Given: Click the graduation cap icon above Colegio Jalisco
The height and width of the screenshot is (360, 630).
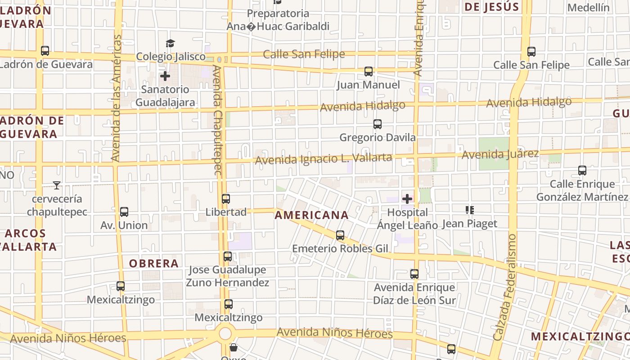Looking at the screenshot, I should pyautogui.click(x=170, y=43).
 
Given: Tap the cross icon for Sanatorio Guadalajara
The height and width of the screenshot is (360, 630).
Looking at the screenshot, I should pyautogui.click(x=165, y=76).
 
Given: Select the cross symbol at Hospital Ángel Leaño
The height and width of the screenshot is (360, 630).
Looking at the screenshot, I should pyautogui.click(x=407, y=199).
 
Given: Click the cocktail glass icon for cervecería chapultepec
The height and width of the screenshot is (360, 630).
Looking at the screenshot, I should pyautogui.click(x=57, y=185).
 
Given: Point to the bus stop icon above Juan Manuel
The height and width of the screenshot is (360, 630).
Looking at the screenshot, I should pyautogui.click(x=368, y=72).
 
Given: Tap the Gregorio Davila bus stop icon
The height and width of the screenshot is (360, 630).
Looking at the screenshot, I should pyautogui.click(x=378, y=124).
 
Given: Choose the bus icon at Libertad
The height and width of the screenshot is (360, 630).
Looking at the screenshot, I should pyautogui.click(x=226, y=199).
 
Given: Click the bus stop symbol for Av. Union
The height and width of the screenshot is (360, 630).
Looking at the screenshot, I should pyautogui.click(x=124, y=212).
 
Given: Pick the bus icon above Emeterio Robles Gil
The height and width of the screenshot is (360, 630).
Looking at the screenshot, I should pyautogui.click(x=340, y=235).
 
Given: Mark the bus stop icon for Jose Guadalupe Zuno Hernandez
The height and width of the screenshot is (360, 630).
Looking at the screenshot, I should pyautogui.click(x=228, y=256).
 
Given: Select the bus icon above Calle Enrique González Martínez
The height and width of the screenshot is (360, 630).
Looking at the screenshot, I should pyautogui.click(x=582, y=171).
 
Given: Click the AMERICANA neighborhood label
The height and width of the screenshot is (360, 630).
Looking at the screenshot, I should pyautogui.click(x=311, y=216).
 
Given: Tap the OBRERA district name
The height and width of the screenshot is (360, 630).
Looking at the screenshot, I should pyautogui.click(x=154, y=264).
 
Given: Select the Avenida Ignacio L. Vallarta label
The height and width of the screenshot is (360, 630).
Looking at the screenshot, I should pyautogui.click(x=324, y=159).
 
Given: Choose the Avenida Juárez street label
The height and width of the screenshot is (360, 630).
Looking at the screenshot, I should pyautogui.click(x=500, y=154).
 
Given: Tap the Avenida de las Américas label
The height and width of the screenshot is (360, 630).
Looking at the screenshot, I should pyautogui.click(x=116, y=98).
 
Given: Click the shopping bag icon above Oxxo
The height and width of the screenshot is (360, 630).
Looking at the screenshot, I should pyautogui.click(x=234, y=347).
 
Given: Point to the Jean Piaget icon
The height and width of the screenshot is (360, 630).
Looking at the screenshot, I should pyautogui.click(x=470, y=210).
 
